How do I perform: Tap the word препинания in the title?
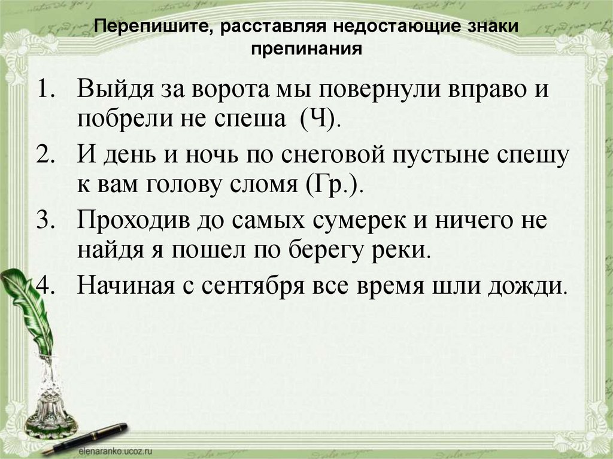click(x=306, y=49)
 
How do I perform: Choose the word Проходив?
click(x=133, y=220)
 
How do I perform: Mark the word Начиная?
click(x=126, y=285)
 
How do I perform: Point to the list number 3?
click(x=44, y=220)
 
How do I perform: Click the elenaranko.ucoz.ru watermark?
click(x=116, y=452)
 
